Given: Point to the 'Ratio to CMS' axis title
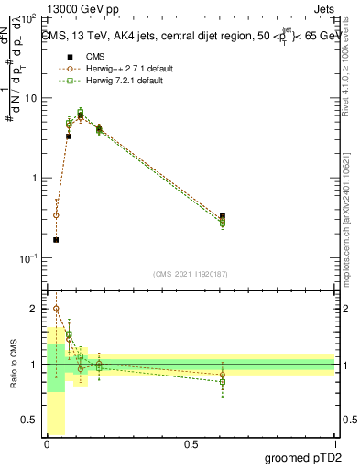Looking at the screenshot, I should [14, 364].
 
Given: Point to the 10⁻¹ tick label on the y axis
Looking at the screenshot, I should [27, 258].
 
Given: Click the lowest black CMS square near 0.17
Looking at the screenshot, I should [56, 240].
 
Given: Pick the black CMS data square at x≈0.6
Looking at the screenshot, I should [223, 216].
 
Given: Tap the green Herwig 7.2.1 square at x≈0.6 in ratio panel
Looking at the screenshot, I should [223, 381].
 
